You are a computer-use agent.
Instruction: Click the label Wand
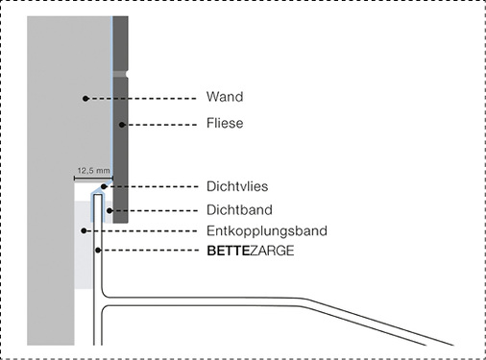pyautogui.click(x=224, y=98)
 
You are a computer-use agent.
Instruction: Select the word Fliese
pyautogui.click(x=225, y=123)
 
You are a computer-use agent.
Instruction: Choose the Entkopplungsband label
pyautogui.click(x=267, y=230)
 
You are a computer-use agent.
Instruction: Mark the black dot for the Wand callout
pyautogui.click(x=85, y=98)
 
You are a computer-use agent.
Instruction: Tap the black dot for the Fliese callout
pyautogui.click(x=121, y=124)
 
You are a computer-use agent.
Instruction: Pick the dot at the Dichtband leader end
pyautogui.click(x=110, y=209)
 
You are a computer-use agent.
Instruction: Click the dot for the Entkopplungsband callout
pyautogui.click(x=85, y=230)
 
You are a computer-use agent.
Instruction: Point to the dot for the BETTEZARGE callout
pyautogui.click(x=97, y=252)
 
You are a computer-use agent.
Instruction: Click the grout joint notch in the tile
pyautogui.click(x=120, y=73)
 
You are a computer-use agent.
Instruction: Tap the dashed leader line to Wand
pyautogui.click(x=144, y=98)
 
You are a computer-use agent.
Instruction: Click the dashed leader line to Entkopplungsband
pyautogui.click(x=144, y=230)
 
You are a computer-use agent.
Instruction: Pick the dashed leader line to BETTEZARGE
pyautogui.click(x=149, y=252)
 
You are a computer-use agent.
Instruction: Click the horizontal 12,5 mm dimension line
pyautogui.click(x=93, y=178)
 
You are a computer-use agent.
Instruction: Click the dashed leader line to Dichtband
pyautogui.click(x=154, y=209)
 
